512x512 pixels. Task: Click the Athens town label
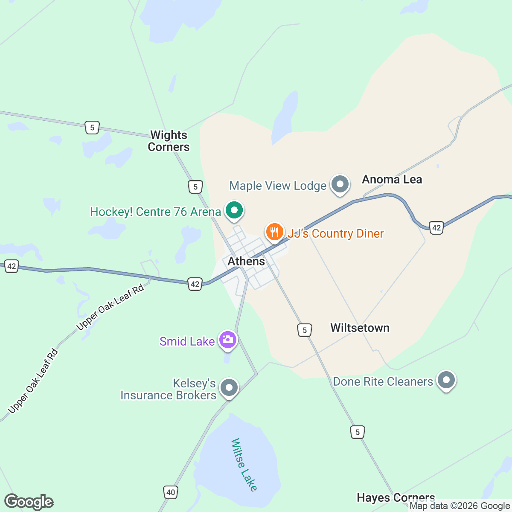[x=246, y=261]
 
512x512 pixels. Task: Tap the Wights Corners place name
[x=169, y=141]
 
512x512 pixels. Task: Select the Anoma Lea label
[x=392, y=180]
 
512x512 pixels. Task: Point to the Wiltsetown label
[x=360, y=328]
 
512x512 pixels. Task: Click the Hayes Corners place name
[x=396, y=497]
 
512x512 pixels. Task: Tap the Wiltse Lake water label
[x=244, y=465]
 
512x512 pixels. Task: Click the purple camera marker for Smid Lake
[x=227, y=340]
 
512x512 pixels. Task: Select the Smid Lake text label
[x=187, y=341]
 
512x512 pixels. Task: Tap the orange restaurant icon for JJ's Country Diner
[x=275, y=232]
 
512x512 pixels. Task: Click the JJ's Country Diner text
[x=335, y=234]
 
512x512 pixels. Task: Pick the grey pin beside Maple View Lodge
[x=340, y=185]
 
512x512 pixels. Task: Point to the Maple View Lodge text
[x=278, y=186]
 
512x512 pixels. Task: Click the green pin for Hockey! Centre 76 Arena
[x=233, y=210]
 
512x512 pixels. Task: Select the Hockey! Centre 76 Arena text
[x=155, y=212]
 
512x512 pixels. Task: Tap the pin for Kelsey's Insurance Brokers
[x=229, y=387]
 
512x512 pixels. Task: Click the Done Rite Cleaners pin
[x=446, y=380]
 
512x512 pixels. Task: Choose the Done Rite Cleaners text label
[x=383, y=381]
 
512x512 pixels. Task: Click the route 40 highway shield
[x=171, y=492]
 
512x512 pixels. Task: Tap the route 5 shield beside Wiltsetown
[x=305, y=330]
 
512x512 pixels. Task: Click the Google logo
[x=29, y=502]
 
